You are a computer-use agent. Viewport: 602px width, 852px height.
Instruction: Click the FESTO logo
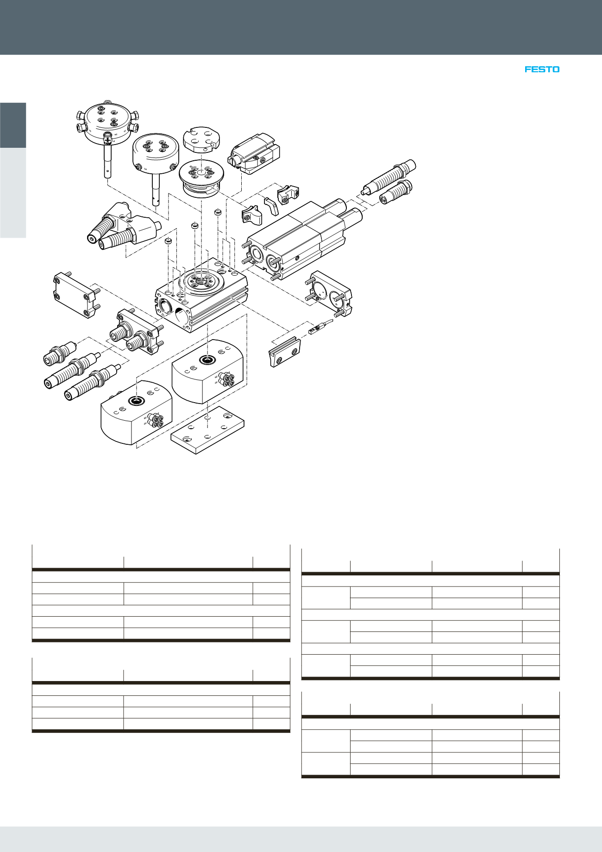point(542,69)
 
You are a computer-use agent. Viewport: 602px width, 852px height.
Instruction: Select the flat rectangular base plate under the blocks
point(207,431)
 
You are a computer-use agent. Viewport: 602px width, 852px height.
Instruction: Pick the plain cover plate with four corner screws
point(75,295)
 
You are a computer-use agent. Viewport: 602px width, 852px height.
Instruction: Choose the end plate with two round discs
point(330,294)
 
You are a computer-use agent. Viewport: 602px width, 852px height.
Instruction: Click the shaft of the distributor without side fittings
point(156,190)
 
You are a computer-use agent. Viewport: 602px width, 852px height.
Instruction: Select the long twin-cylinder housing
point(296,241)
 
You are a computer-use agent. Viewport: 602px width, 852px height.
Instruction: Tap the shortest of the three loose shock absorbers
point(59,353)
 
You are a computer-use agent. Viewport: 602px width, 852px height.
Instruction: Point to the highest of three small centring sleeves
point(218,212)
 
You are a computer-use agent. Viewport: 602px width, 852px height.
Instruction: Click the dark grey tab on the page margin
point(13,125)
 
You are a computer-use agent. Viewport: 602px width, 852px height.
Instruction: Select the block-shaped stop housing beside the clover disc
point(254,154)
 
